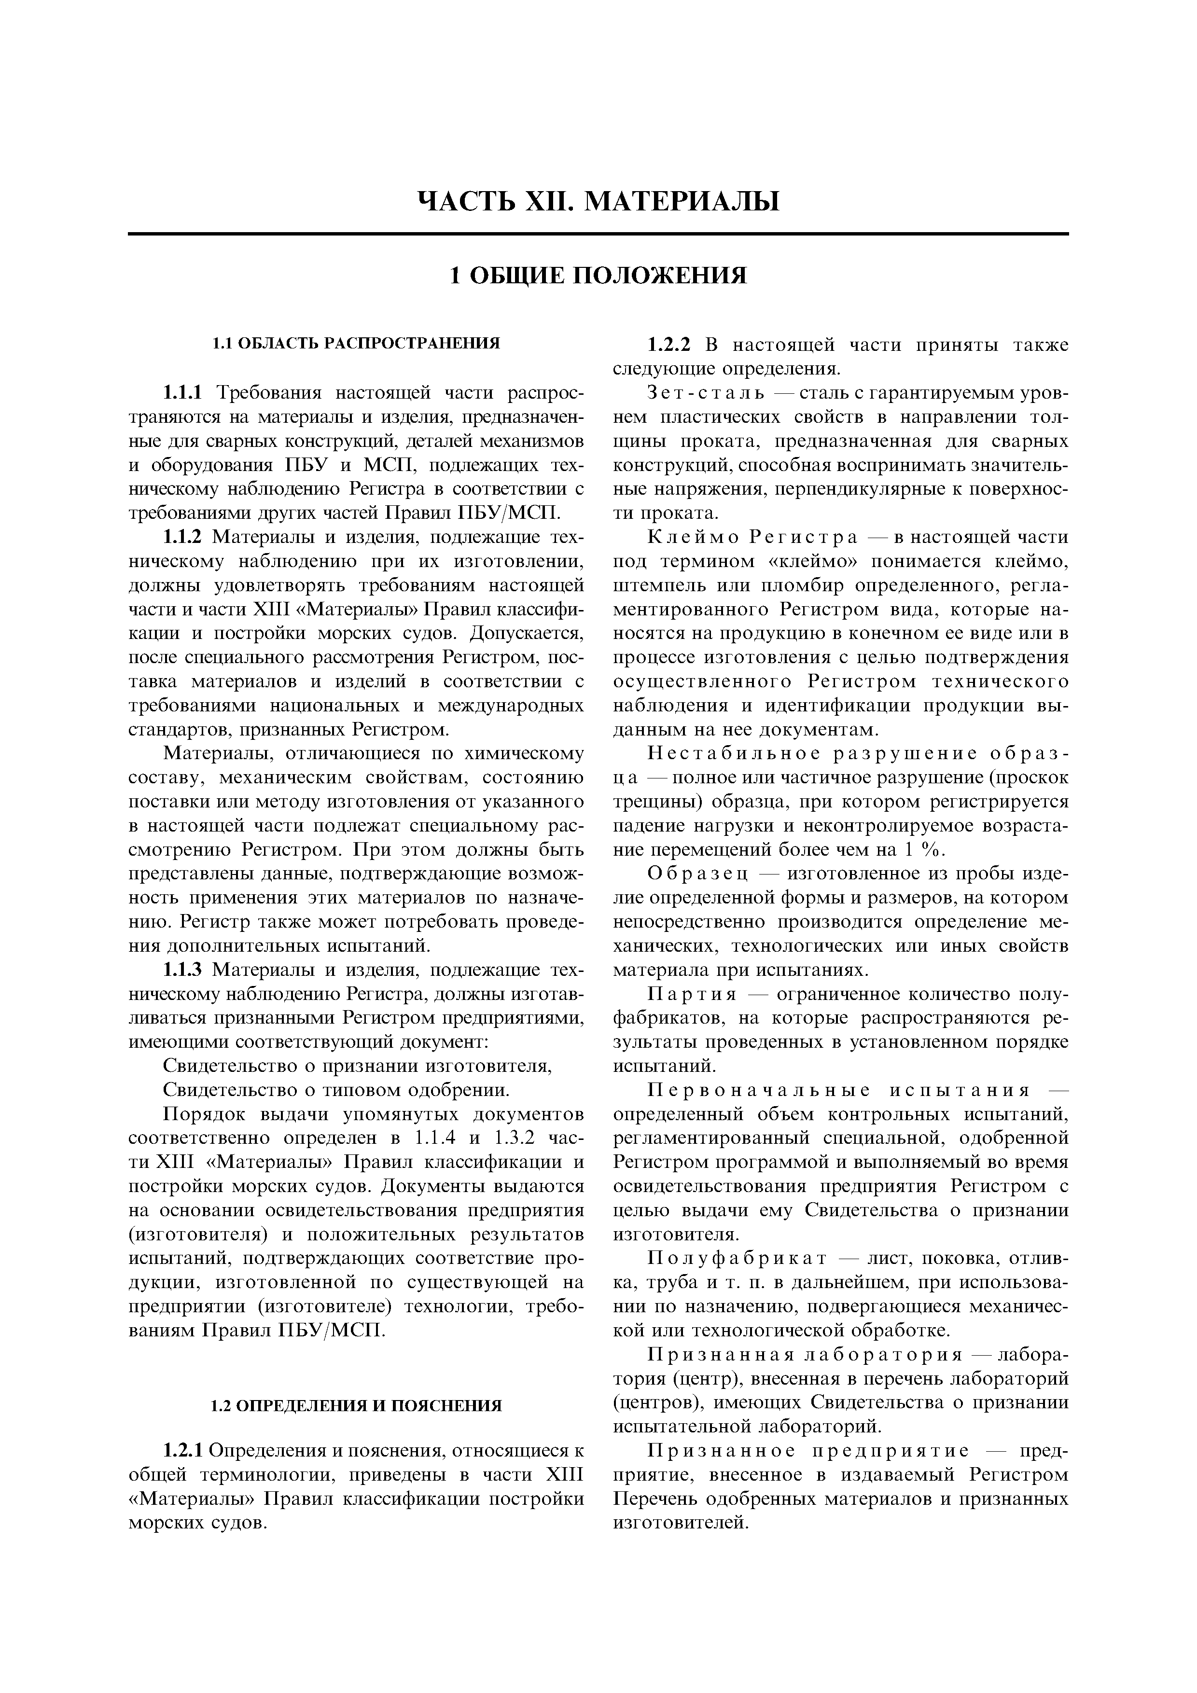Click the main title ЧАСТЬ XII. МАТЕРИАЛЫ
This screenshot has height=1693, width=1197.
[x=598, y=201]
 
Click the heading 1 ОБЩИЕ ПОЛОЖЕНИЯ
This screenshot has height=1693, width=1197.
[x=598, y=275]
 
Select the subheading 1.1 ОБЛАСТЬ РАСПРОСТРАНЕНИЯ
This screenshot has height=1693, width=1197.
[x=356, y=344]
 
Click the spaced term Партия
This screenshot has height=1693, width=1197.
[x=691, y=995]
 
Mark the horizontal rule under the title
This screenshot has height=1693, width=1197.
[x=598, y=235]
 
